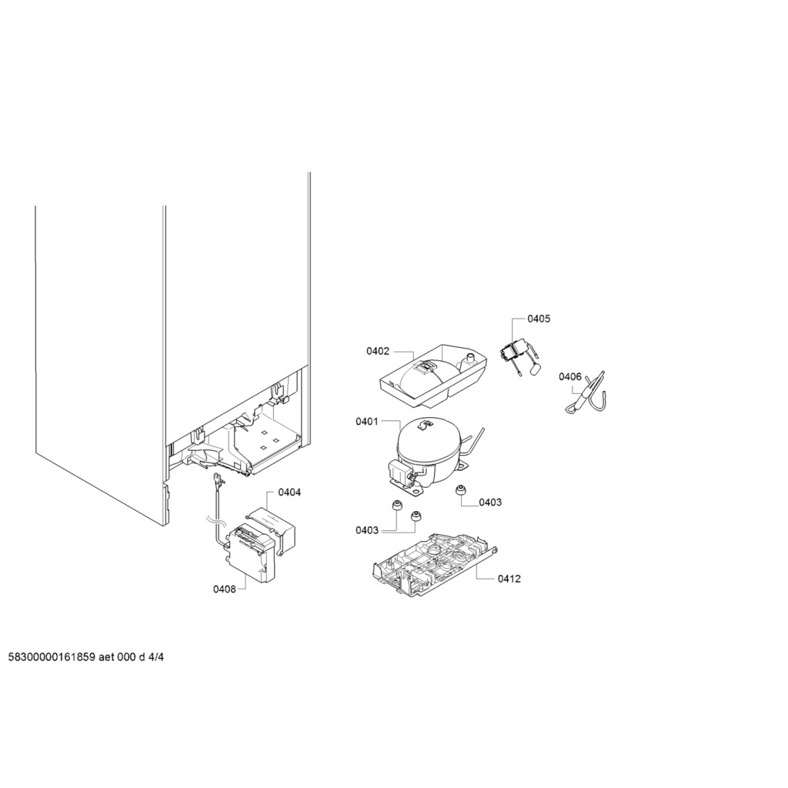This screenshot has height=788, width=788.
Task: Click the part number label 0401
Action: pyautogui.click(x=366, y=421)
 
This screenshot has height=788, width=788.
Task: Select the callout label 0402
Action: pyautogui.click(x=377, y=351)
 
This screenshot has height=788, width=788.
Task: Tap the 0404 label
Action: pyautogui.click(x=289, y=492)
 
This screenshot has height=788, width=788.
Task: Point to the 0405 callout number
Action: pyautogui.click(x=539, y=319)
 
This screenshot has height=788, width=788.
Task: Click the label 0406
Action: pyautogui.click(x=570, y=376)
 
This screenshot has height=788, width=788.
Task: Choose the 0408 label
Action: pyautogui.click(x=224, y=589)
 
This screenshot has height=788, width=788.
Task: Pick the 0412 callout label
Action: pyautogui.click(x=509, y=579)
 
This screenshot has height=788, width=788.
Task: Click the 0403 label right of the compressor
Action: pyautogui.click(x=490, y=502)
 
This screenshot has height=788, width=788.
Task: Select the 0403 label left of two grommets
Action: pyautogui.click(x=367, y=530)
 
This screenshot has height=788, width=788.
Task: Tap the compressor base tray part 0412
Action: pyautogui.click(x=435, y=564)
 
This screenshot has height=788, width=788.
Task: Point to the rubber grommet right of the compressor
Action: pyautogui.click(x=459, y=490)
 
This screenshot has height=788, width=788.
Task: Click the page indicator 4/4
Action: pyautogui.click(x=157, y=657)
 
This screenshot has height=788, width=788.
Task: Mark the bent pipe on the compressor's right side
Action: pyautogui.click(x=474, y=441)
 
